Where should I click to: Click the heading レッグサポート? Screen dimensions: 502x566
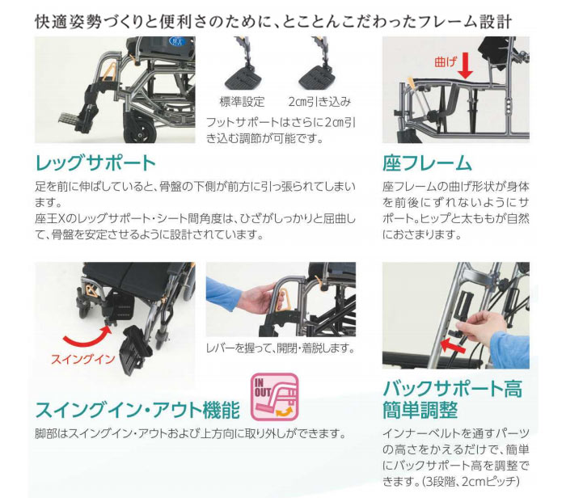pos(95,163)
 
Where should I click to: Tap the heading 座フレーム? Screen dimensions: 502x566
pos(427,163)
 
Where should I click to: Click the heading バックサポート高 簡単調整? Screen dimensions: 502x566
pos(452,399)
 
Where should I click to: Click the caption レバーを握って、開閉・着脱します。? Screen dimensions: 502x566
pos(280,348)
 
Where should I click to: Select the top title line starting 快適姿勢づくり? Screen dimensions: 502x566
pos(284,18)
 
